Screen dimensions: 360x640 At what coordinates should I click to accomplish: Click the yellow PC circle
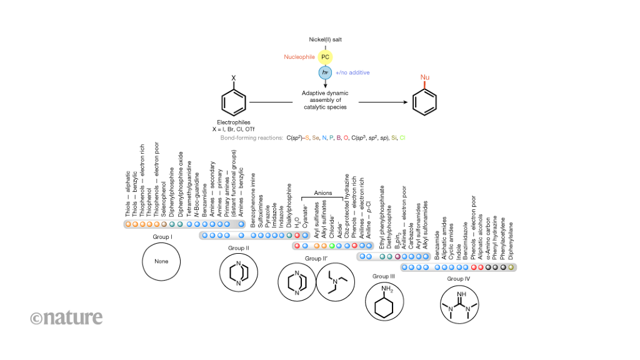(x=325, y=57)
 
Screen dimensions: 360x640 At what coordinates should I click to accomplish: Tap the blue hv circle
(x=325, y=72)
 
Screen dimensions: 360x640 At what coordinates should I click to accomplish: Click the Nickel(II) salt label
(x=325, y=39)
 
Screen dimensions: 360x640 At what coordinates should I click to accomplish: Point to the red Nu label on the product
(x=425, y=77)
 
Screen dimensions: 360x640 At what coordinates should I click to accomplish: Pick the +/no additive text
(x=352, y=72)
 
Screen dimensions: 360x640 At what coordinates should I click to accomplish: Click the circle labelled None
(x=162, y=261)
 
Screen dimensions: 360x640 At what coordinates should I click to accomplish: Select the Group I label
(x=162, y=237)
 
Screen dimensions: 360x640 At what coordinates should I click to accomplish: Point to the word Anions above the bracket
(x=323, y=193)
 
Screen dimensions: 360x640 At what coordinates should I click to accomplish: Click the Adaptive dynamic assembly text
(x=325, y=100)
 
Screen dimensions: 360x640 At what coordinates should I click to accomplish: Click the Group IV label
(x=459, y=278)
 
